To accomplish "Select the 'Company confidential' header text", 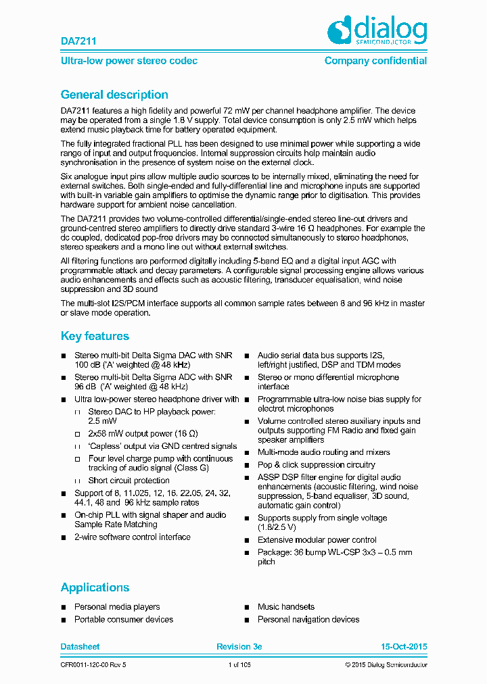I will (375, 61).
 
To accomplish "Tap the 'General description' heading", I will (114, 95).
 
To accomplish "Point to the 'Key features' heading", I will (95, 336).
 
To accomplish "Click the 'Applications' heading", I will (95, 587).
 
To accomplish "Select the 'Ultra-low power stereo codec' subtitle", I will (129, 61).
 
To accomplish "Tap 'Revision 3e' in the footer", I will (239, 647).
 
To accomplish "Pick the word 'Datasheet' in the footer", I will (80, 647).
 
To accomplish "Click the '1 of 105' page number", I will (240, 665).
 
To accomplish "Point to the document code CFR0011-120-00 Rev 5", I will (93, 665).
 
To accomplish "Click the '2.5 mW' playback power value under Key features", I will (104, 421).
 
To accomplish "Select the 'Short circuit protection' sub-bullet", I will (129, 481).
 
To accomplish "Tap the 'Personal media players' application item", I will (117, 607).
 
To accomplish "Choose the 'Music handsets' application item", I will (286, 607).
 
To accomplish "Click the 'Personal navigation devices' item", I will (308, 619).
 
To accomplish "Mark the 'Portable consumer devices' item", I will (124, 619).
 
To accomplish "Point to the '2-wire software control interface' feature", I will (133, 537).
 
